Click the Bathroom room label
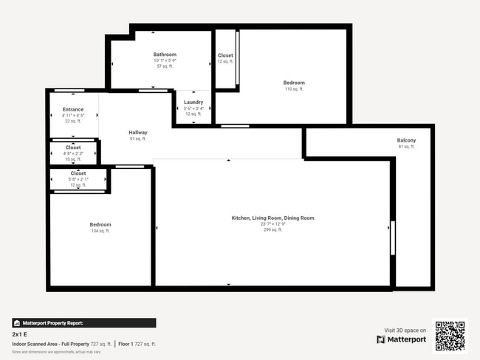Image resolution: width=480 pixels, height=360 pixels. pos(165,55)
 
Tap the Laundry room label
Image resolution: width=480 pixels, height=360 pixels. pos(193,103)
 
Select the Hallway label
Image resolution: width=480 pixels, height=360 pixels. pos(137,133)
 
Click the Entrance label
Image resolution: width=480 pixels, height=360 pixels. pos(72,110)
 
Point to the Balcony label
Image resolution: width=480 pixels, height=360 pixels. pos(406,140)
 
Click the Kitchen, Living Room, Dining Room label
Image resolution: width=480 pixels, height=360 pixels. pos(272,218)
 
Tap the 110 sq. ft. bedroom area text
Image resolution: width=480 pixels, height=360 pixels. pos(294,89)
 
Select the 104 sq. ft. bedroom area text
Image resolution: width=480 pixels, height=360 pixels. pos(100,231)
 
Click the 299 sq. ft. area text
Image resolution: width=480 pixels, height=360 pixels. pos(272,229)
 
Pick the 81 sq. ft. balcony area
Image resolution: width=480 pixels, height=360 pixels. pos(406,147)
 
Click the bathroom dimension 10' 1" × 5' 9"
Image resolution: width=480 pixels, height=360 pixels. pos(165,60)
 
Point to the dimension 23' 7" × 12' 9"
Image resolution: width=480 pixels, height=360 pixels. pos(272,224)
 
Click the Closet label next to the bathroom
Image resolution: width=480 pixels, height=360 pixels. pos(225,55)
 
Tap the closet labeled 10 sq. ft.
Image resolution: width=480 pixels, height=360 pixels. pos(73,159)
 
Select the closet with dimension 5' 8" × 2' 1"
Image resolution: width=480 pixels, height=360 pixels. pos(78,179)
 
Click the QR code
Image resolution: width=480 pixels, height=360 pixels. pos(450,336)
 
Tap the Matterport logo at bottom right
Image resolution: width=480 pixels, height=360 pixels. pos(401,339)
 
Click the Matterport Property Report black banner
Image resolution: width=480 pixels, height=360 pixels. pos(83,323)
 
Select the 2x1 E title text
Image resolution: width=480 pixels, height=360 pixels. pos(20,334)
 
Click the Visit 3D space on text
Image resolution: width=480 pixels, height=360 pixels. pos(405,330)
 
